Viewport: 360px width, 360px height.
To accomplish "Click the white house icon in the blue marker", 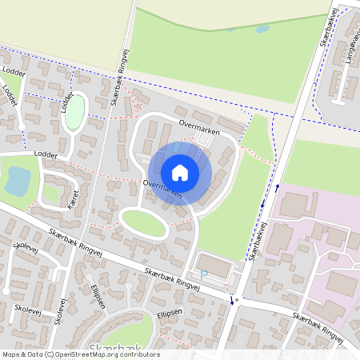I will pyautogui.click(x=180, y=173).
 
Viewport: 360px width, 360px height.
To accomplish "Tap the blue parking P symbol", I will pyautogui.click(x=203, y=274).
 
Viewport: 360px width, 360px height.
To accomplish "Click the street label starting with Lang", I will pyautogui.click(x=350, y=49).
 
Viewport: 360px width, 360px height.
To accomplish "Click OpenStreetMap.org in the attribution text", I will pyautogui.click(x=90, y=354).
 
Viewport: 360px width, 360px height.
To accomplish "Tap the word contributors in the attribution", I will pyautogui.click(x=141, y=354).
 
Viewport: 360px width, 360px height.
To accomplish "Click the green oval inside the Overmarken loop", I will pyautogui.click(x=144, y=224).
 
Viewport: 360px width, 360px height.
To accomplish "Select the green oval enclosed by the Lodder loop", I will pyautogui.click(x=74, y=111).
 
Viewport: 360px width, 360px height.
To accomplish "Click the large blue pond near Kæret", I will pyautogui.click(x=18, y=182).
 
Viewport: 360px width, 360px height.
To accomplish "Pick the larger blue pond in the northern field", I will pyautogui.click(x=262, y=30).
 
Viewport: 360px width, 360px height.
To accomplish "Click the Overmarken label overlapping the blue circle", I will pyautogui.click(x=162, y=189).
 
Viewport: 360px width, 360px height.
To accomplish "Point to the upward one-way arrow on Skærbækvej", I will pyautogui.click(x=278, y=187).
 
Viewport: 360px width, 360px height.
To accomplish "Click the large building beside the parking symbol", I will pyautogui.click(x=214, y=266).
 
